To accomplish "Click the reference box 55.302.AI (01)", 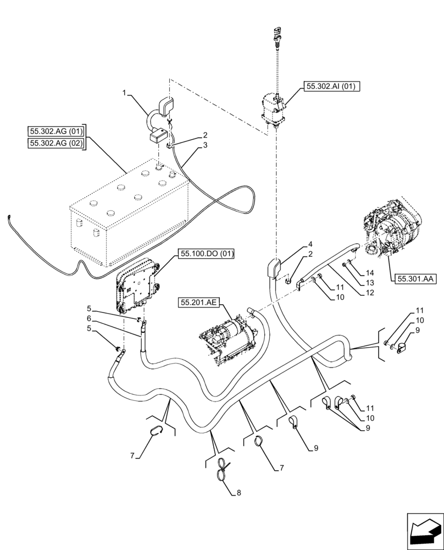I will point(330,86).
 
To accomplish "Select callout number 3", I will point(205,145).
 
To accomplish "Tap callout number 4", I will point(310,243).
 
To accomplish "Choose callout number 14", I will point(370,273).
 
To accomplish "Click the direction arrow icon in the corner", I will point(424,530).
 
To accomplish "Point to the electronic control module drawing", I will point(137,287).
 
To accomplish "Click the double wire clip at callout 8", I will point(223,469).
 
